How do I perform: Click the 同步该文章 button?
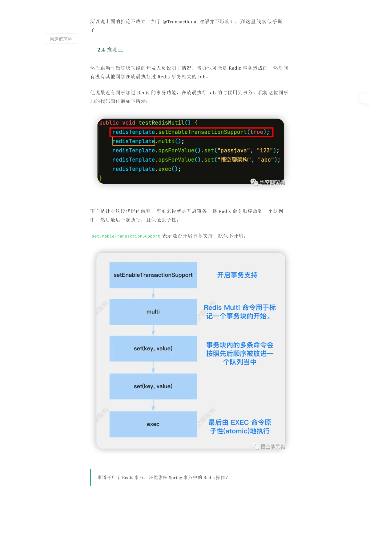click(x=61, y=39)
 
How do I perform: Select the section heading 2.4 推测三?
click(x=110, y=50)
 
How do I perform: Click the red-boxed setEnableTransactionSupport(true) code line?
click(x=191, y=132)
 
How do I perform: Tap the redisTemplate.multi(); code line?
click(x=148, y=141)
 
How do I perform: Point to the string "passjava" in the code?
click(x=233, y=151)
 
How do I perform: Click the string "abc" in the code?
click(x=266, y=160)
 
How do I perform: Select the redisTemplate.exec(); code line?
click(x=147, y=169)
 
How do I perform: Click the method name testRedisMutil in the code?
click(x=161, y=123)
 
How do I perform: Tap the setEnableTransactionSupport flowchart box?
click(x=153, y=275)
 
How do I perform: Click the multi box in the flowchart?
click(x=153, y=312)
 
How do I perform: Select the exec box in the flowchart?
click(x=153, y=424)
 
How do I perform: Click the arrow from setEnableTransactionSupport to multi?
click(x=153, y=293)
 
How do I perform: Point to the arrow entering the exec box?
click(x=153, y=405)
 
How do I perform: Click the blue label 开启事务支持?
click(x=237, y=275)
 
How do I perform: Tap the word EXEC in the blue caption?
click(x=239, y=422)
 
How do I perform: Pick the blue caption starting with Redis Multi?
click(x=240, y=312)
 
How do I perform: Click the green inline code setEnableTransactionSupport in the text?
click(x=126, y=236)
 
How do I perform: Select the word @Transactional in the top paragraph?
click(x=180, y=22)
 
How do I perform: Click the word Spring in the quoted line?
click(x=175, y=478)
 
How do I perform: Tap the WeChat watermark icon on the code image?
click(x=254, y=182)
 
